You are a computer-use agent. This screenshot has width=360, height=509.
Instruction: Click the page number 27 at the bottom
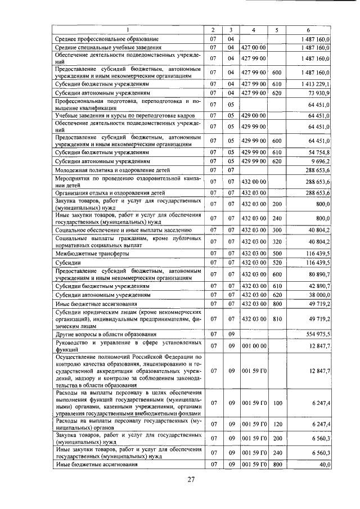point(191,480)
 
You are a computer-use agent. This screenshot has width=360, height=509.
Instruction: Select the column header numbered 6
point(308,29)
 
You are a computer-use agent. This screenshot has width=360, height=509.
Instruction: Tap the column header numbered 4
point(254,29)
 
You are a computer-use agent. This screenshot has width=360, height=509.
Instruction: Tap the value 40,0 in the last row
point(323,464)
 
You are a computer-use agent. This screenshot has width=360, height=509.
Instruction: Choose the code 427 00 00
point(253,47)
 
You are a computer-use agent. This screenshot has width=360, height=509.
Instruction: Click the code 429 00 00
point(253,115)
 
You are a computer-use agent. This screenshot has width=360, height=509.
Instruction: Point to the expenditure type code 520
point(276,262)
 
